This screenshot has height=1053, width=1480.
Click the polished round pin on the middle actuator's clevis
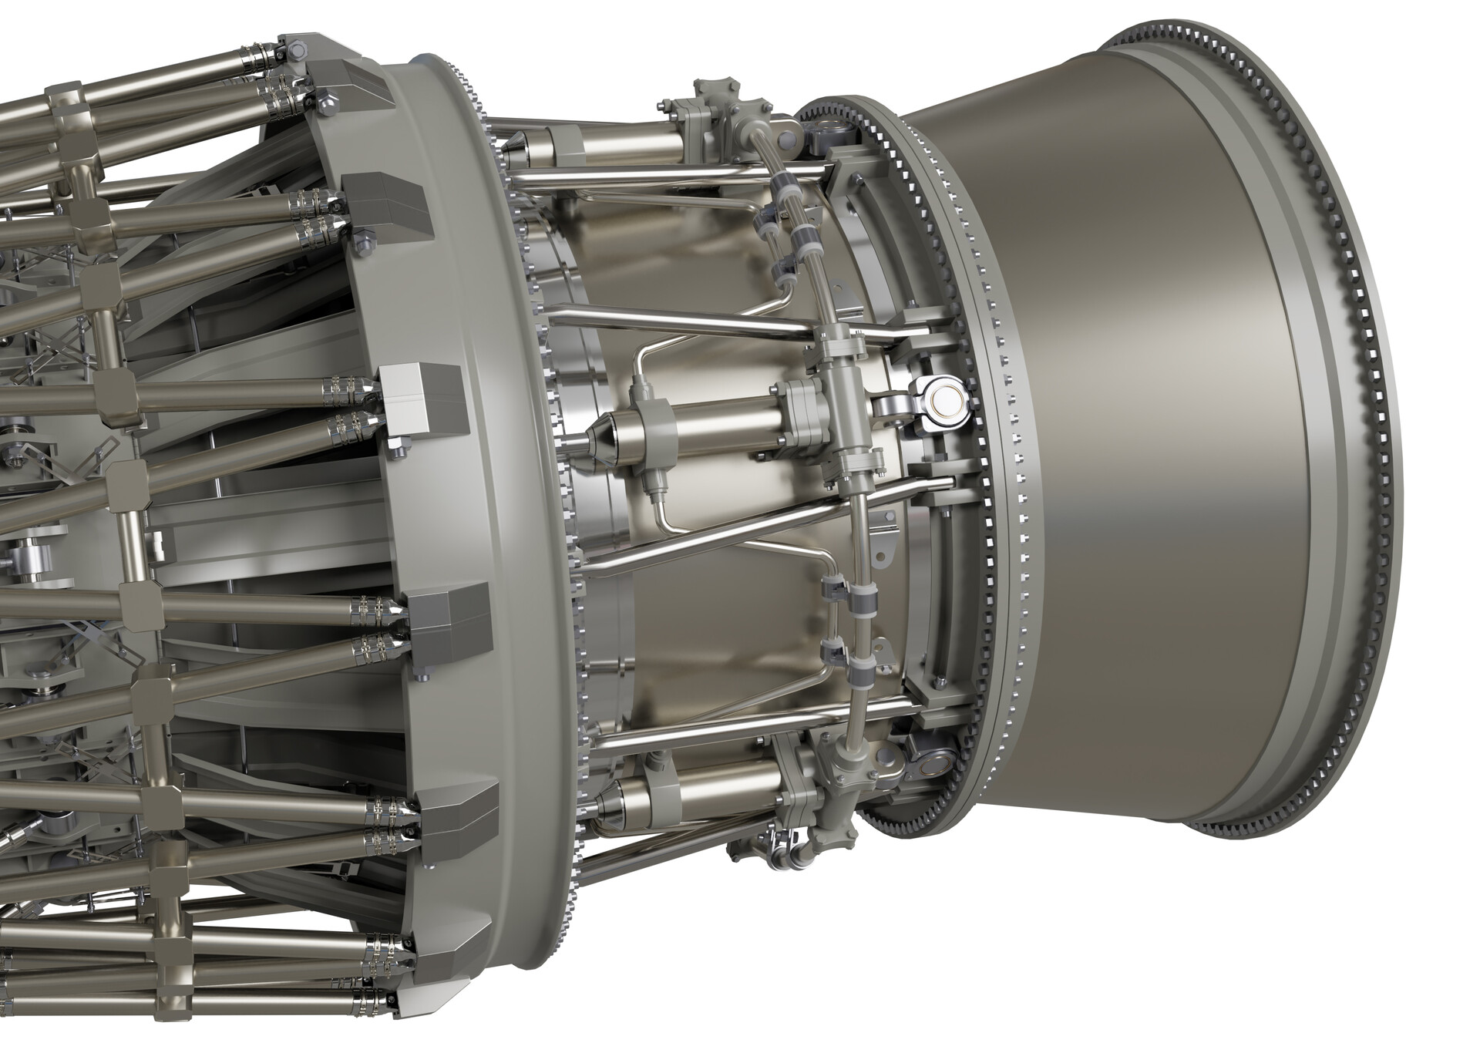pyautogui.click(x=947, y=399)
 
